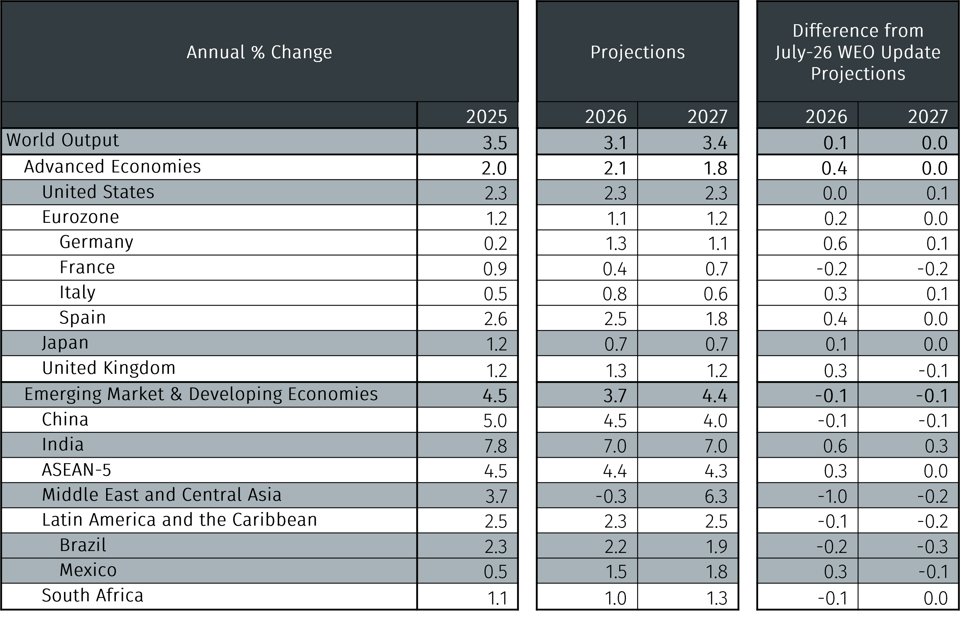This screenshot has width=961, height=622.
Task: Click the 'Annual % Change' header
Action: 259,53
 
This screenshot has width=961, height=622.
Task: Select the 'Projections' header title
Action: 638,53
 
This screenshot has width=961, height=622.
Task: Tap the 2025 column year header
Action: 487,117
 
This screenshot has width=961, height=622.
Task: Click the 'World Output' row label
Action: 62,140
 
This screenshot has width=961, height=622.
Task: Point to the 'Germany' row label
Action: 96,242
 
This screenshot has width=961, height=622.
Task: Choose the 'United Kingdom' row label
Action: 108,368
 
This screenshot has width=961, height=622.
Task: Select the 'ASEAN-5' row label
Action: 76,470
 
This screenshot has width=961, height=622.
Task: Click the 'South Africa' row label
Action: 92,595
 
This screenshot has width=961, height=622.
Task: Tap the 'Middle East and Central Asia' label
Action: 162,495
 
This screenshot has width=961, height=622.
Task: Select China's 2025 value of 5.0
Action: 495,421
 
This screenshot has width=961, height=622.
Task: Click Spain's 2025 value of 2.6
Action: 496,319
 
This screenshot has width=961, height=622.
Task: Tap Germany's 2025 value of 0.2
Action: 496,243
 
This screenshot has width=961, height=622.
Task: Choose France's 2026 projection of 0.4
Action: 615,269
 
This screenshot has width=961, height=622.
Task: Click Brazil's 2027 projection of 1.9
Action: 717,547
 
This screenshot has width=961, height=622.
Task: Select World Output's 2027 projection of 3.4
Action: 715,143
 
